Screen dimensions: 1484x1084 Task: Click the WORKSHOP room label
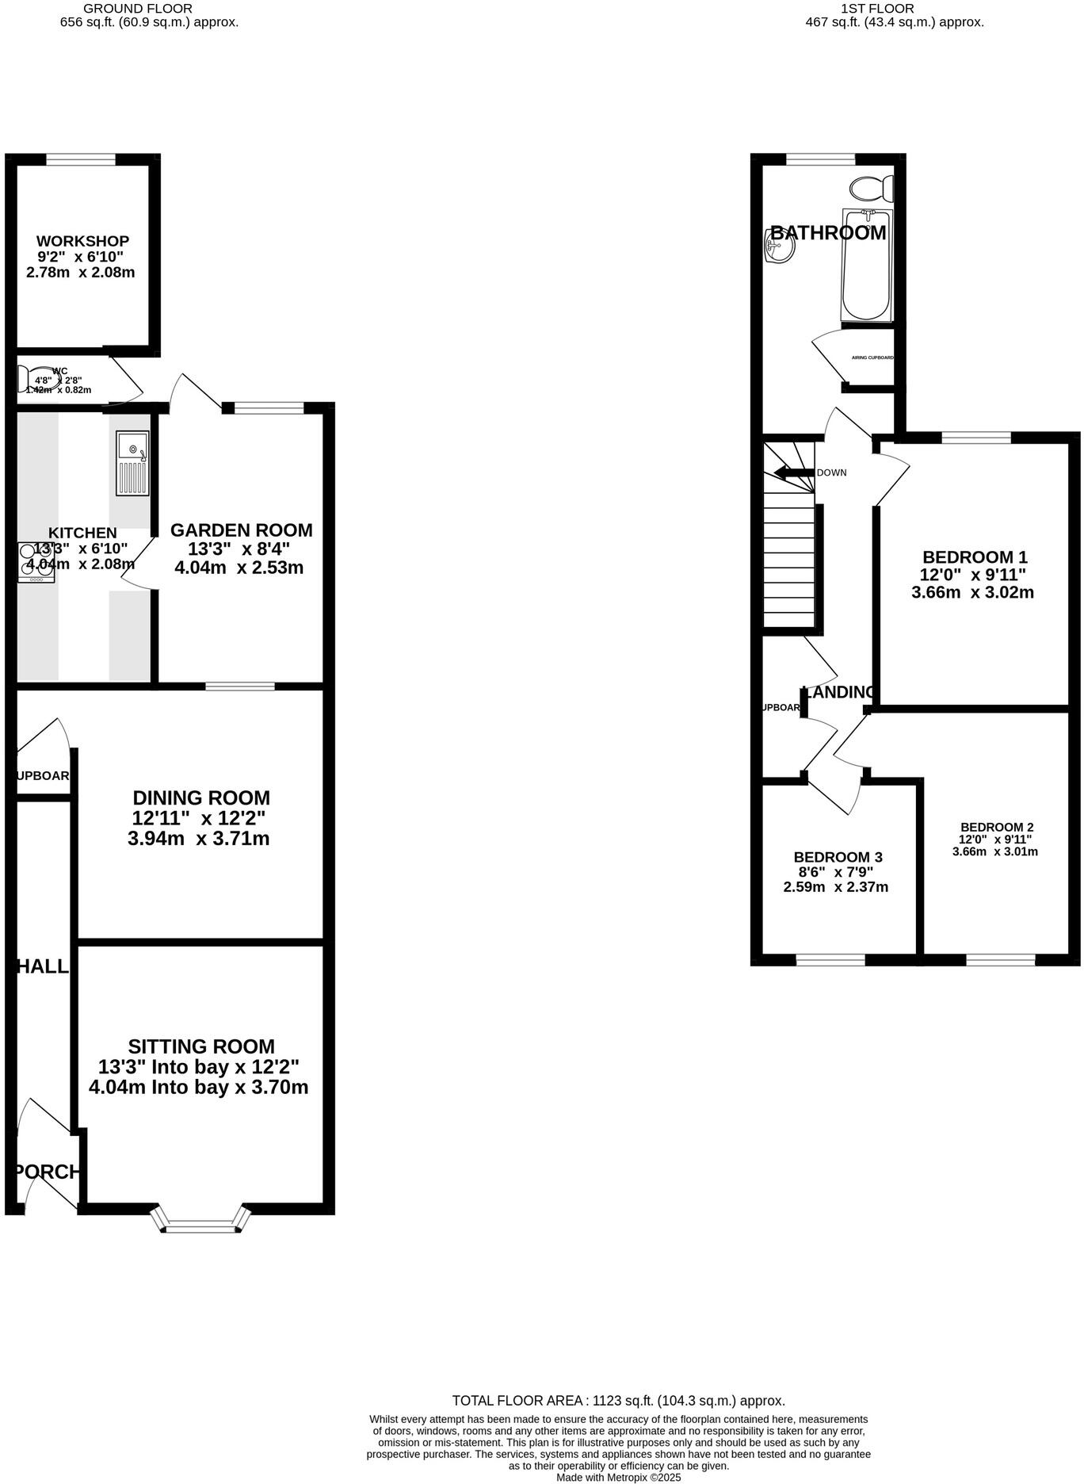pos(82,241)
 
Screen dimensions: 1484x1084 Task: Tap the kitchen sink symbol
pos(132,463)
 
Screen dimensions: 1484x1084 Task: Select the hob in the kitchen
pos(36,562)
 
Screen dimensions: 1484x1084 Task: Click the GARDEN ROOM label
pos(241,530)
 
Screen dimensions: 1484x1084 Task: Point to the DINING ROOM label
pos(200,798)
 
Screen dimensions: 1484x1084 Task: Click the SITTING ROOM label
pos(201,1046)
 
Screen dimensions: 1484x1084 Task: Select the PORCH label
pos(48,1172)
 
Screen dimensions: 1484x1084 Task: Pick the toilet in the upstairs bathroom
pos(872,189)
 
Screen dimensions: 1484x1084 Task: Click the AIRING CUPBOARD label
pos(872,358)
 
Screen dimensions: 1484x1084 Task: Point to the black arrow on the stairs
pos(793,473)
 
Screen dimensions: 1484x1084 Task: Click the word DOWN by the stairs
pos(831,472)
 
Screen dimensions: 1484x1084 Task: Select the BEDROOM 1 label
pos(974,557)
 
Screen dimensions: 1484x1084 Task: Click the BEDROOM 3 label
pos(838,857)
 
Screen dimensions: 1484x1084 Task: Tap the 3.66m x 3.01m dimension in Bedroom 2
pos(994,852)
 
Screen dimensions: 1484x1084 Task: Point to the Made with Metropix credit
pos(618,1478)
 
